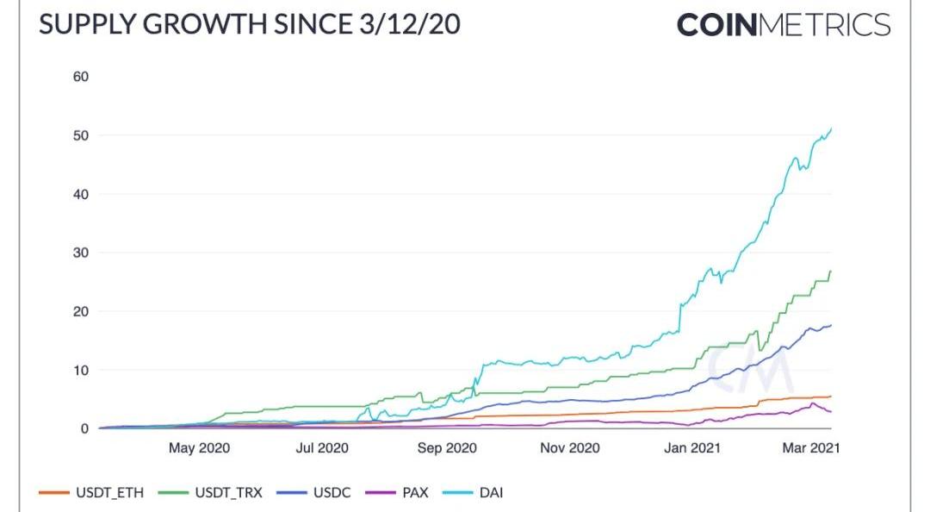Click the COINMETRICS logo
coord(783,25)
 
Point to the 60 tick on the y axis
coord(81,77)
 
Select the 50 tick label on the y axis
coord(81,135)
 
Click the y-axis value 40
coord(81,194)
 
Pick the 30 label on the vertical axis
coord(81,253)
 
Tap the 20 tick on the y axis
coord(81,311)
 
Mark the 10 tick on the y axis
coord(81,370)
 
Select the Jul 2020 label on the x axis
coord(322,449)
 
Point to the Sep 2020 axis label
coord(446,449)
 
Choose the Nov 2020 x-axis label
coord(569,449)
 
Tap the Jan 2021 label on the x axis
coord(693,449)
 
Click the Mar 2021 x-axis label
coord(810,449)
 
